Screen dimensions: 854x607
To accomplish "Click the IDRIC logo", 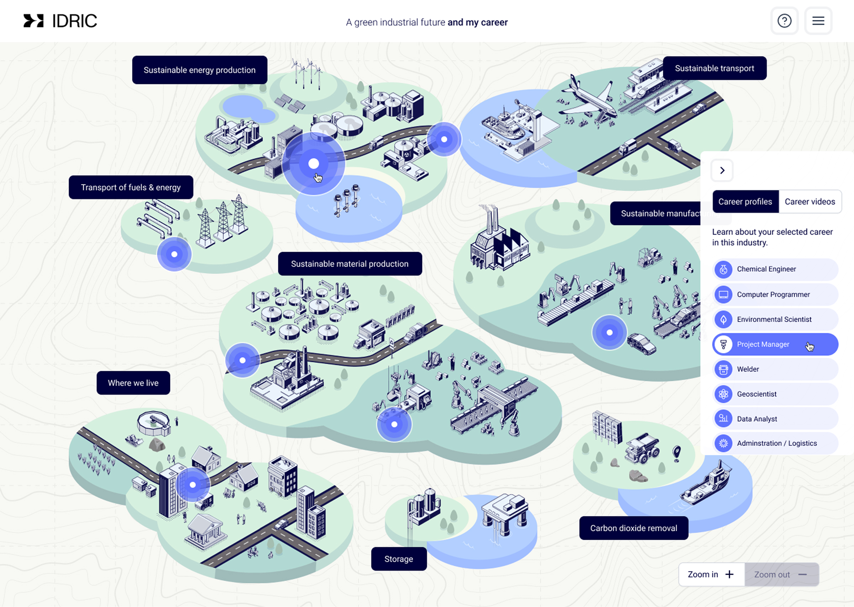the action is click(x=60, y=21).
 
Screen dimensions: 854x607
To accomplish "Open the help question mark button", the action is click(x=784, y=21).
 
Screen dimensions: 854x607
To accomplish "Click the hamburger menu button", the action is click(x=818, y=21).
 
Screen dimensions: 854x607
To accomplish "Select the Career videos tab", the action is click(x=810, y=202).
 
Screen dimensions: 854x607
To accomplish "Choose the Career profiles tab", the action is click(x=745, y=202).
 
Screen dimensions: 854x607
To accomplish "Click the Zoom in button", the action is click(x=711, y=575).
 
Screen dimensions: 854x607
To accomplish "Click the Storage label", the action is click(x=399, y=559).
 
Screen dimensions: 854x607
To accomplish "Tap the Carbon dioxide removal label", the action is click(x=633, y=528).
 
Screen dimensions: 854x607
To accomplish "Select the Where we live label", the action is click(x=133, y=383).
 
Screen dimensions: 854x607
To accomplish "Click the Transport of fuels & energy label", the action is click(x=131, y=187).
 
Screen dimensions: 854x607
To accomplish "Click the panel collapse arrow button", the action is click(x=722, y=170).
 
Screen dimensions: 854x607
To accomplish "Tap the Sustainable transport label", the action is click(x=714, y=68).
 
